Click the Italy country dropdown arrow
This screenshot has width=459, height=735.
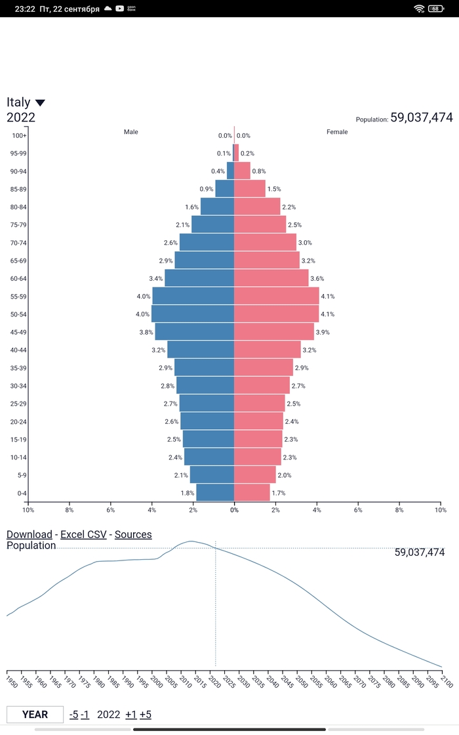point(40,103)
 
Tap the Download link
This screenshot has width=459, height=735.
point(29,534)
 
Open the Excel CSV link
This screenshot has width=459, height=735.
point(83,534)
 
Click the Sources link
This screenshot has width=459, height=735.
point(133,534)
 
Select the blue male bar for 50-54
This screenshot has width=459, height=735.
point(193,314)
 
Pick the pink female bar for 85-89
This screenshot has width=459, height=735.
point(250,189)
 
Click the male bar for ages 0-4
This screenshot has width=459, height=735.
point(215,493)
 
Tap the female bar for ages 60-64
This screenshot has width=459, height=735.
point(271,278)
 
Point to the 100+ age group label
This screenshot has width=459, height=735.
point(19,136)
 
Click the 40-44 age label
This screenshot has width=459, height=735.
point(19,350)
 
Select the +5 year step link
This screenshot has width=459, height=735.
point(145,714)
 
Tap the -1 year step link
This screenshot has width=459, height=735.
point(85,714)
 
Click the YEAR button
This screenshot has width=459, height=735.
point(35,714)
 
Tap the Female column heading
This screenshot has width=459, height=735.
point(337,132)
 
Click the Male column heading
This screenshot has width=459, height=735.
point(131,132)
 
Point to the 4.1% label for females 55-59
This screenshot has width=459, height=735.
point(329,297)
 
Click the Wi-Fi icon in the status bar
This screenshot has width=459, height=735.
point(419,9)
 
